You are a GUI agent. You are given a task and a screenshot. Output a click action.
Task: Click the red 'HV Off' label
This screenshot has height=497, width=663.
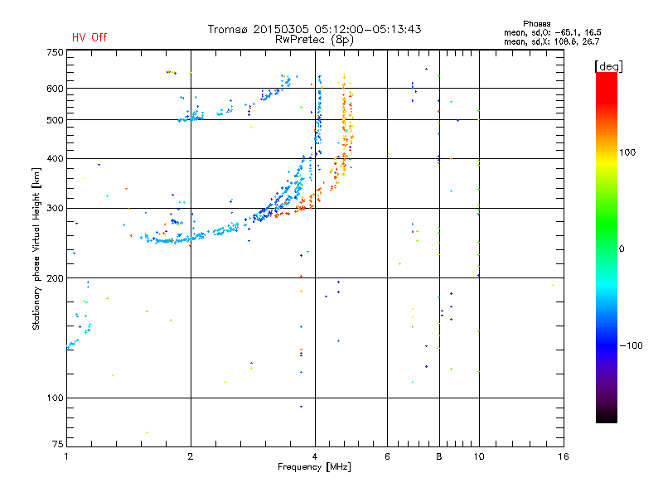pyautogui.click(x=89, y=37)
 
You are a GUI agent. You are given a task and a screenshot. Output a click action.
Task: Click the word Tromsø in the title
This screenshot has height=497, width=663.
pyautogui.click(x=229, y=29)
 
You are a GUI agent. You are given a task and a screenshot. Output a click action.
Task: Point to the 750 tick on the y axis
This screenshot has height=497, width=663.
pyautogui.click(x=55, y=52)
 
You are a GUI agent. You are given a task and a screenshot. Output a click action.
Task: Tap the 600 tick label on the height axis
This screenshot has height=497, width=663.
pyautogui.click(x=55, y=89)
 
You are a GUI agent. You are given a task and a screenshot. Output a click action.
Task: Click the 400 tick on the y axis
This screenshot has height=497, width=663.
pyautogui.click(x=55, y=158)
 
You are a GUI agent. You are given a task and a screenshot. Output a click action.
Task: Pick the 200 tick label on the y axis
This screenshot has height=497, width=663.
pyautogui.click(x=55, y=278)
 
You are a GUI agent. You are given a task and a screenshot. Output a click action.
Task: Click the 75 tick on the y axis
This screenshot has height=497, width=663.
pyautogui.click(x=57, y=446)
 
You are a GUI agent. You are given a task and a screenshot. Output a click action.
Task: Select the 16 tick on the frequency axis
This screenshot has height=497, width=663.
pyautogui.click(x=562, y=456)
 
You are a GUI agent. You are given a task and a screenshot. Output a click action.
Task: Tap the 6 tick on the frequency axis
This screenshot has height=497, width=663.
pyautogui.click(x=388, y=456)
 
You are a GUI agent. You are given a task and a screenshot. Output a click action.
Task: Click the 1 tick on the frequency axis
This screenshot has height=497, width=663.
pyautogui.click(x=66, y=456)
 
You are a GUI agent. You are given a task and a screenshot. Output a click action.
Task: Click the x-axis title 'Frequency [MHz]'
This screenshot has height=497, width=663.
pyautogui.click(x=314, y=468)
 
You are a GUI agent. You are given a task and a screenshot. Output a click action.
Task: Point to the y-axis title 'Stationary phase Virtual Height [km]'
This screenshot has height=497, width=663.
pyautogui.click(x=36, y=248)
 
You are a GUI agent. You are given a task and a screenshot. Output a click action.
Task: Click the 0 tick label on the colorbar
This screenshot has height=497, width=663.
pyautogui.click(x=623, y=248)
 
